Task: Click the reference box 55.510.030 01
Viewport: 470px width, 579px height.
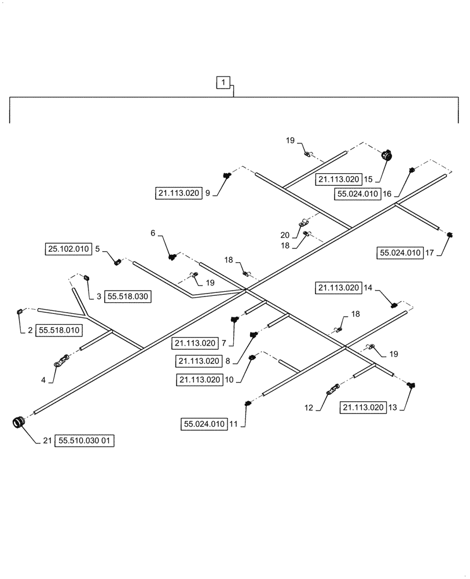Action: [x=86, y=441]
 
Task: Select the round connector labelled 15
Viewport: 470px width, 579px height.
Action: [x=386, y=155]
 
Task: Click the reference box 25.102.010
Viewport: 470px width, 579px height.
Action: [x=68, y=250]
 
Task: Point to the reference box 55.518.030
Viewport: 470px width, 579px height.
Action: [x=127, y=296]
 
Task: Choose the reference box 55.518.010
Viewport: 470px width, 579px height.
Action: [x=60, y=331]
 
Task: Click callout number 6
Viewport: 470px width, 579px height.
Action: [x=153, y=233]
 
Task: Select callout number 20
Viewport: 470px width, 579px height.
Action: [x=284, y=234]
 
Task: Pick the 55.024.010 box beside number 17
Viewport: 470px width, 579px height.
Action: [x=400, y=252]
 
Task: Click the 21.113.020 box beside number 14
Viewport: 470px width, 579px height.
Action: [x=338, y=287]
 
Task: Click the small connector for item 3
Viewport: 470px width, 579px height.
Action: [x=87, y=278]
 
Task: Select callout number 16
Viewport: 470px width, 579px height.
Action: [x=387, y=194]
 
